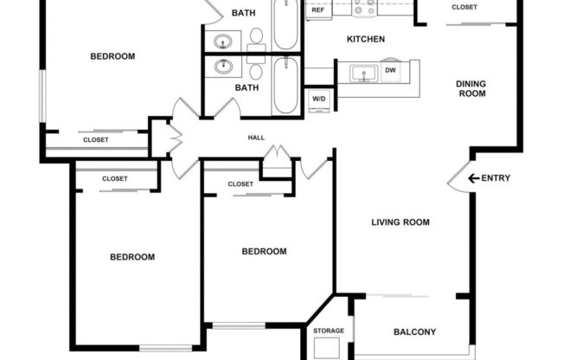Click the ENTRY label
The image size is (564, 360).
point(496,179)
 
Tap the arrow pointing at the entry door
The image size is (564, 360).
point(472,179)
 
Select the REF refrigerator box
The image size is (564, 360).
point(317,10)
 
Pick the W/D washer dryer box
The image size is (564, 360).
point(318,99)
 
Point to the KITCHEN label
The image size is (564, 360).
point(366,40)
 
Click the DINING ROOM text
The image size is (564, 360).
point(471,88)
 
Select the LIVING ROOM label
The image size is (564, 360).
point(401,222)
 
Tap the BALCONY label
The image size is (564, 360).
point(414,332)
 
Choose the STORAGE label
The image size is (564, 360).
point(329,331)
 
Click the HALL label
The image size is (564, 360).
point(257,137)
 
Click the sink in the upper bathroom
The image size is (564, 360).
point(223,41)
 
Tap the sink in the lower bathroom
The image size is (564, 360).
point(223,66)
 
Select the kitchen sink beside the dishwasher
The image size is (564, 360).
point(364,73)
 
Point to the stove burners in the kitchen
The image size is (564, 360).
point(364,8)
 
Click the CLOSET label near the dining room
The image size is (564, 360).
point(464,7)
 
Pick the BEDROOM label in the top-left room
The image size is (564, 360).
point(112,57)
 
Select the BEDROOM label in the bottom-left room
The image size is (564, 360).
point(131,257)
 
